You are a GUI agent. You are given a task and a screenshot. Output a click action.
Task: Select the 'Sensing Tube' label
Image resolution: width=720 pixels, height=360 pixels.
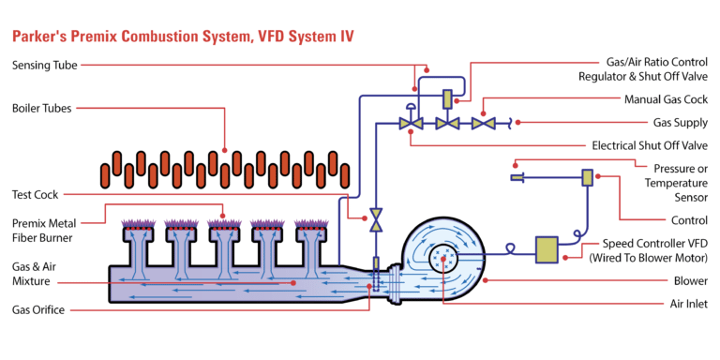point(44,65)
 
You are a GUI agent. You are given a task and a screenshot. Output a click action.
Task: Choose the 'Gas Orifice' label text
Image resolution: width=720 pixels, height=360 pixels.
point(38,309)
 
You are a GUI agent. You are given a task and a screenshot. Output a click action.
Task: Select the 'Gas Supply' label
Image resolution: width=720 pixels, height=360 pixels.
point(680,122)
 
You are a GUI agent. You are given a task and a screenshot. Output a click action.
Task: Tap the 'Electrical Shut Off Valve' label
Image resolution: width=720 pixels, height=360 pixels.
point(649,145)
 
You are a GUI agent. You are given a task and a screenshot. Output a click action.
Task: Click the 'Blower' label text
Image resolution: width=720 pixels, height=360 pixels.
point(692,280)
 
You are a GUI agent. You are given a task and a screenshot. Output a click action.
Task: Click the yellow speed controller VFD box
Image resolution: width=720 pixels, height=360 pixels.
point(547,248)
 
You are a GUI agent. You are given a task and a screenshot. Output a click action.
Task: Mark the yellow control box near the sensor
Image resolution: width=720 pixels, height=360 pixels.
point(588,176)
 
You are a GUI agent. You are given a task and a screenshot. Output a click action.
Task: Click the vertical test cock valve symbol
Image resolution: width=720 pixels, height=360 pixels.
point(375,221)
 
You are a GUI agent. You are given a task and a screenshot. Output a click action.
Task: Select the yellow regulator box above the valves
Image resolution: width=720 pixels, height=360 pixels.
point(446,97)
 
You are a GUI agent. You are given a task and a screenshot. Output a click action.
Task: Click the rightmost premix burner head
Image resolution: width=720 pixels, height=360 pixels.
point(310,229)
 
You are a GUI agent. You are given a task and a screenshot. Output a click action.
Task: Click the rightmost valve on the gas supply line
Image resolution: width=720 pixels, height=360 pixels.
point(483,122)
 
